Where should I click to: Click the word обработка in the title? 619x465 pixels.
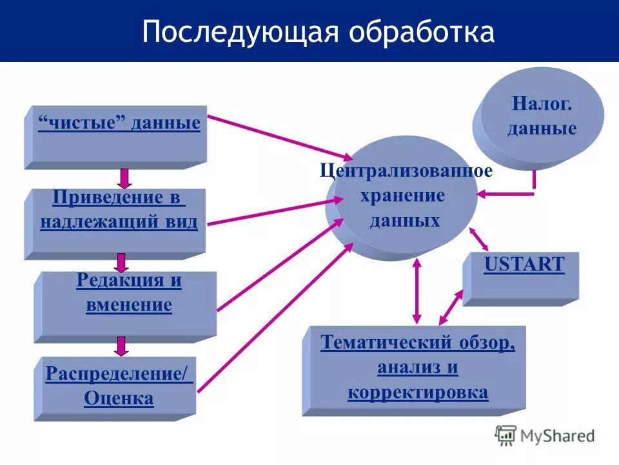(x=420, y=32)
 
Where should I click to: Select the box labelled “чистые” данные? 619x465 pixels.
(x=119, y=136)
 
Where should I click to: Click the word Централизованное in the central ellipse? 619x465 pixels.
(x=406, y=172)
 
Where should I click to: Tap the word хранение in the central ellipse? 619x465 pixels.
(x=402, y=196)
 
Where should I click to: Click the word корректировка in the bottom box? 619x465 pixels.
(x=417, y=393)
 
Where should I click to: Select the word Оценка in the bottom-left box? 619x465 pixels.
(x=119, y=398)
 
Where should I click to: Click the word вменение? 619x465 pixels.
(x=128, y=304)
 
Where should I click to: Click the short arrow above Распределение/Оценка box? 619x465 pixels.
(x=121, y=346)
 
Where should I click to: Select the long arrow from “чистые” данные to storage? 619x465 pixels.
(x=280, y=137)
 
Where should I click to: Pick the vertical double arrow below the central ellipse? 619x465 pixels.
(x=417, y=291)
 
